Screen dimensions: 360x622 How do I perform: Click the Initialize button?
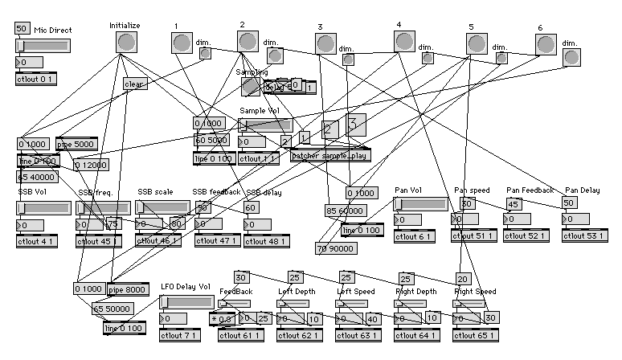124,43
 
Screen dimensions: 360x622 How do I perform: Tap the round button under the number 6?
546,44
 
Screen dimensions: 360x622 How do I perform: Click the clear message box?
133,83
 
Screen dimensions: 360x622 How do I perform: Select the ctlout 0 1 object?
36,78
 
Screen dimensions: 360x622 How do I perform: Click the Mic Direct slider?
43,46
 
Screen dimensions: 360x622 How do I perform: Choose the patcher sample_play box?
330,156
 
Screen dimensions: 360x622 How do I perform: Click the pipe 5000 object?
76,145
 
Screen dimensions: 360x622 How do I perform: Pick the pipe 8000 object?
126,289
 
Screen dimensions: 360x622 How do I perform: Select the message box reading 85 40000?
37,176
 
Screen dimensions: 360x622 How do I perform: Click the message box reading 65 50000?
113,309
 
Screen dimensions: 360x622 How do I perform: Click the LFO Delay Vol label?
186,285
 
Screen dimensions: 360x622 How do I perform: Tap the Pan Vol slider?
420,204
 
